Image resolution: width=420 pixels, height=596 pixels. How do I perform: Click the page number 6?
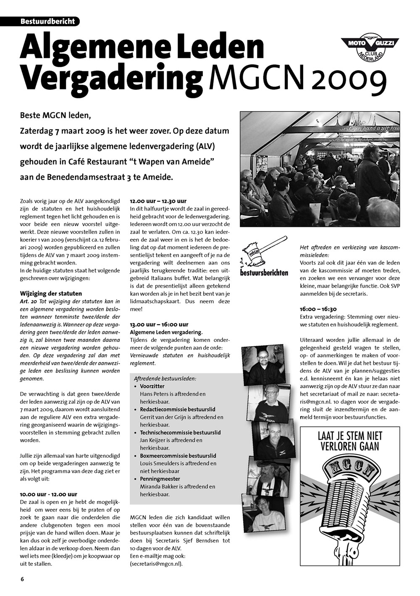[x=22, y=579]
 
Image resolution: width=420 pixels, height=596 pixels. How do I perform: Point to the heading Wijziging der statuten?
[x=51, y=293]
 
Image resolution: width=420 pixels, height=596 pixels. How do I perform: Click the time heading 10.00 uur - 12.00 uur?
[x=49, y=494]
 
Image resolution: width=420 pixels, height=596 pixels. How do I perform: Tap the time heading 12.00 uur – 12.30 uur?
[x=158, y=201]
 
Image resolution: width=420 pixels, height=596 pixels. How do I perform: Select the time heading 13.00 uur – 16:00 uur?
[x=159, y=324]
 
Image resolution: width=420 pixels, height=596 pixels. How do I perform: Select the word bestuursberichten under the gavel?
[x=264, y=273]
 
